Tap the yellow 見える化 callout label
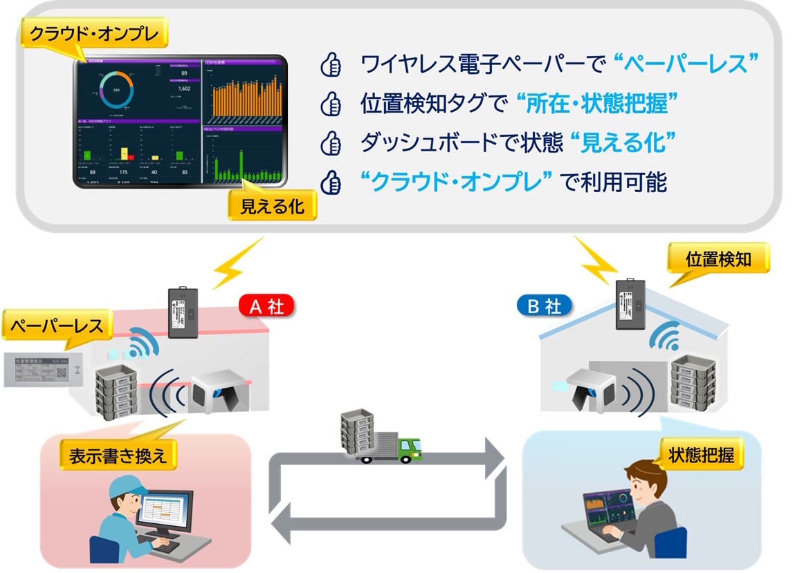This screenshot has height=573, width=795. (271, 206)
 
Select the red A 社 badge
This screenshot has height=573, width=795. (266, 307)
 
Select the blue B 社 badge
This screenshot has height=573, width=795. (545, 307)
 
